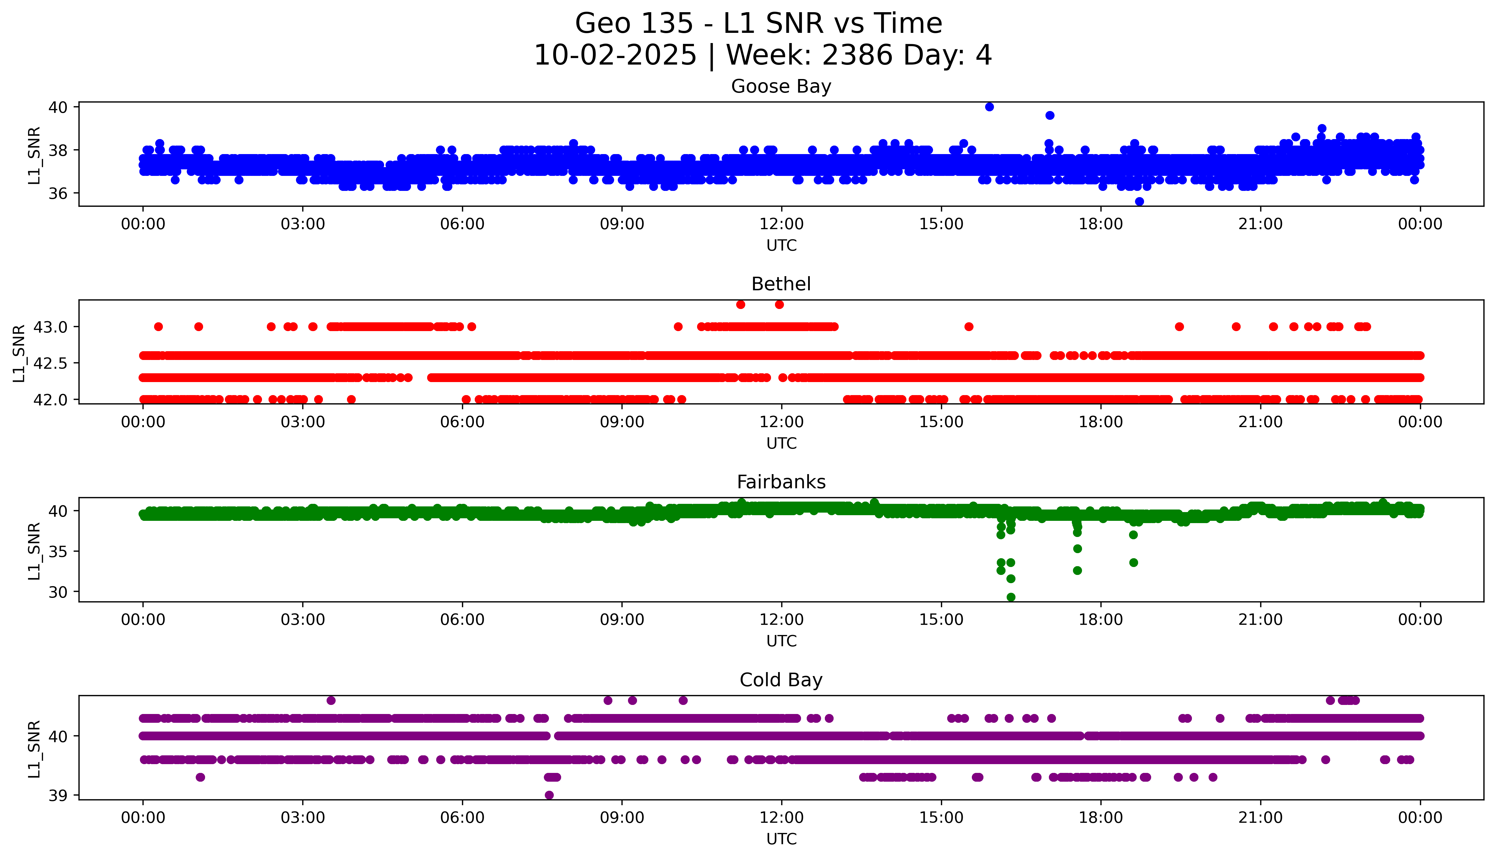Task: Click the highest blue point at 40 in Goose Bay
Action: pyautogui.click(x=989, y=107)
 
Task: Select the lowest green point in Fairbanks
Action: pyautogui.click(x=1011, y=597)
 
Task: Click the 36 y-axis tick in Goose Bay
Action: pyautogui.click(x=58, y=193)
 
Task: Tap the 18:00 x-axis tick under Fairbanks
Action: pyautogui.click(x=1101, y=619)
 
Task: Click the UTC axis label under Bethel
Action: pyautogui.click(x=781, y=443)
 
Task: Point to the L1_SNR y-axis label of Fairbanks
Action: pyautogui.click(x=34, y=551)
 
